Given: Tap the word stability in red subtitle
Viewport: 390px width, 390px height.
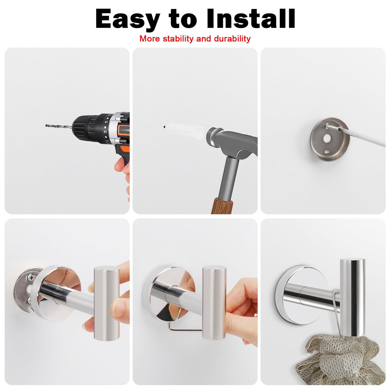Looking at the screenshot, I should coord(178,39).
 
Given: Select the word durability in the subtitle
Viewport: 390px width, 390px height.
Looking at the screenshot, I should coord(232,39).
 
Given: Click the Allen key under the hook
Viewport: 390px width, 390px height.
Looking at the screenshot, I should coord(184,328).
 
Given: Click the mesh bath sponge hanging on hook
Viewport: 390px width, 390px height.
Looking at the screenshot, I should coord(340,362).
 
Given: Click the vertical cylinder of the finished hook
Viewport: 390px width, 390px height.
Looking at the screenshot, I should coord(352,297).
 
